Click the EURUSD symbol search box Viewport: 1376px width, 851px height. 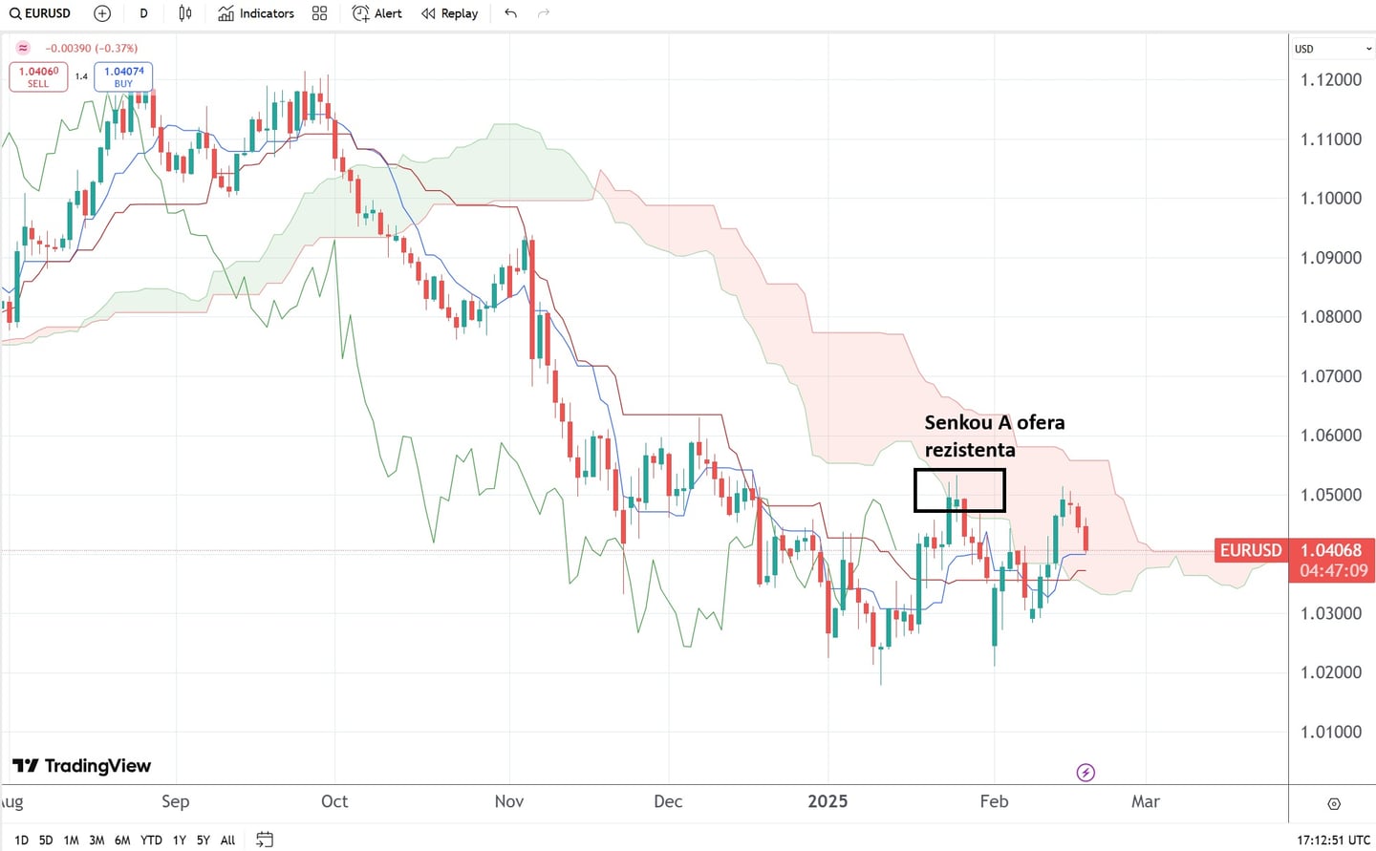coord(41,13)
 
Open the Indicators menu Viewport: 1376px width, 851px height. coord(256,13)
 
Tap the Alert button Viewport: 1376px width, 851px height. coord(377,13)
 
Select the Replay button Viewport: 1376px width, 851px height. coord(450,13)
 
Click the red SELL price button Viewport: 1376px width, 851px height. coord(38,76)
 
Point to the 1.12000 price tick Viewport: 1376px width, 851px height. coord(1330,80)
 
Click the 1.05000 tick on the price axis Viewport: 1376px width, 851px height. coord(1330,495)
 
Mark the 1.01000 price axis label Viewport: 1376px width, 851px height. coord(1330,733)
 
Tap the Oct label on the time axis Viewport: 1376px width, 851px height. coord(334,801)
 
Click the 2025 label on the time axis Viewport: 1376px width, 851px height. coord(828,801)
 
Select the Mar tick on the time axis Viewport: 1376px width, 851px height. coord(1145,801)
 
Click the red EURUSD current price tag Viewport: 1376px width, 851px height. coord(1250,550)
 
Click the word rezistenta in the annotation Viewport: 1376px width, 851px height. coord(969,450)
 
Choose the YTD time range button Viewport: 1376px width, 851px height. coord(151,840)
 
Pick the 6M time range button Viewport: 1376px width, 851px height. coord(122,840)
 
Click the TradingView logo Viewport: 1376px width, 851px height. coord(82,766)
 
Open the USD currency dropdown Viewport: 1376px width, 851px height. coord(1332,49)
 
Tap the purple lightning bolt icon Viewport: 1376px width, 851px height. coord(1086,773)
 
